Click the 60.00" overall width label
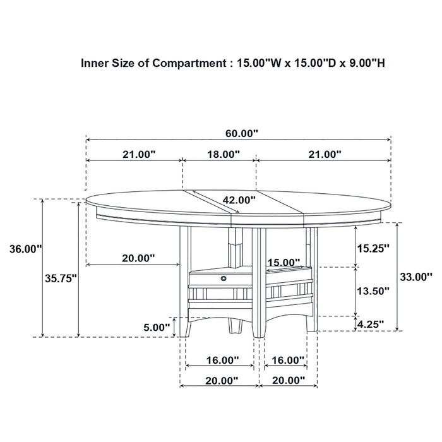pos(242,133)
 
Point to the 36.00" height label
pos(20,249)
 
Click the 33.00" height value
pos(415,276)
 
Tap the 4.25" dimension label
pos(371,325)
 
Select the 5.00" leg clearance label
pos(157,327)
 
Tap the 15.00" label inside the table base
pos(282,262)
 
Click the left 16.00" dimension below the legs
pos(222,360)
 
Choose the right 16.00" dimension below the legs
pos(288,360)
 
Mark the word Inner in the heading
pos(95,63)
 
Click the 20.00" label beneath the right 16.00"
pos(288,380)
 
